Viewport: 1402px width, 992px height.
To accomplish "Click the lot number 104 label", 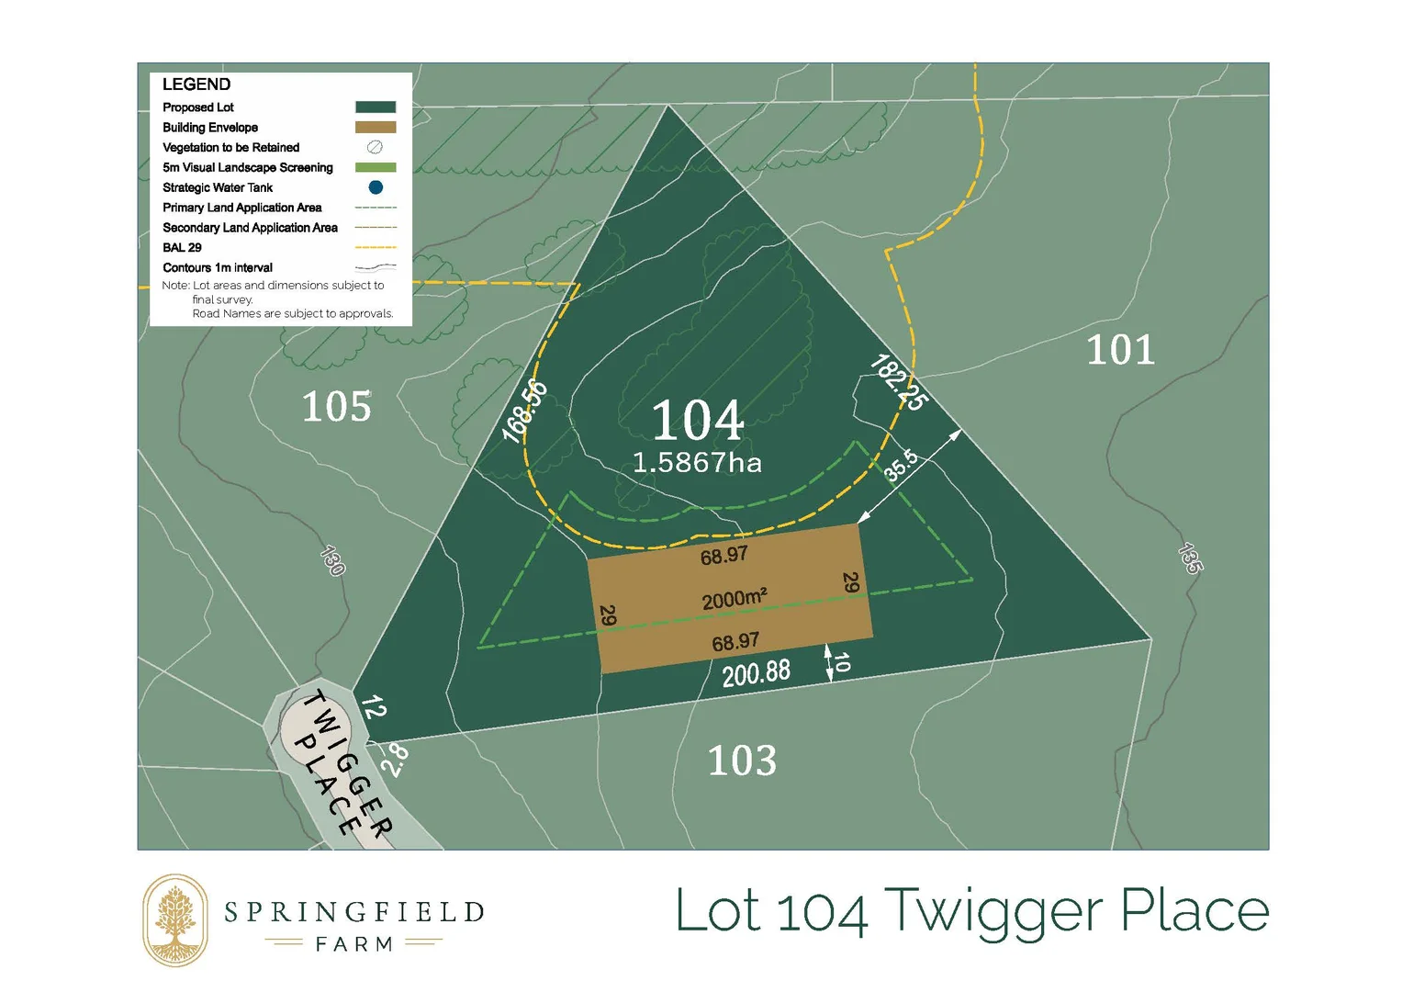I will [698, 421].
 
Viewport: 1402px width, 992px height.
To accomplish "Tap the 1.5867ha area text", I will [698, 462].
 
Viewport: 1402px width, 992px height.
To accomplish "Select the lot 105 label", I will [337, 407].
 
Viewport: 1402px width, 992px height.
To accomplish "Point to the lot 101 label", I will [1120, 350].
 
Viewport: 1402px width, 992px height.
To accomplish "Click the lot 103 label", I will [742, 761].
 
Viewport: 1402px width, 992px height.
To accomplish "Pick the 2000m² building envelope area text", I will [735, 599].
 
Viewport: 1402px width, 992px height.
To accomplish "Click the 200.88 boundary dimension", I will [756, 673].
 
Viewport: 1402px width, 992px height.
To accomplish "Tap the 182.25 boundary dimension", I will [899, 382].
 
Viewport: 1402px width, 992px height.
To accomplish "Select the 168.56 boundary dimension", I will [525, 411].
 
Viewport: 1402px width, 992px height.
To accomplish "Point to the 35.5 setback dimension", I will [901, 466].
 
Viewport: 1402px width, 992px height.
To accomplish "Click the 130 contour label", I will [332, 560].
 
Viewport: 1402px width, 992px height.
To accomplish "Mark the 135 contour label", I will [1190, 558].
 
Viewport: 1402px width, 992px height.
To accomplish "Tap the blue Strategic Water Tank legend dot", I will [376, 187].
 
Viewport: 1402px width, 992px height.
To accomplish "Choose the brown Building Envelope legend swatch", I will [376, 128].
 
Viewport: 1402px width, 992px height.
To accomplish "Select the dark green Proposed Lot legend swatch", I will [376, 107].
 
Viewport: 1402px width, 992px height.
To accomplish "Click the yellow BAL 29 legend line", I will [376, 247].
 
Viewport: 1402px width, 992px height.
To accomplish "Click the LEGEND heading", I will [196, 85].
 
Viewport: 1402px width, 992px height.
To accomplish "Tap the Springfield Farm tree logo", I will [175, 920].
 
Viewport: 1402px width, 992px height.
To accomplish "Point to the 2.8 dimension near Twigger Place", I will [396, 760].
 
